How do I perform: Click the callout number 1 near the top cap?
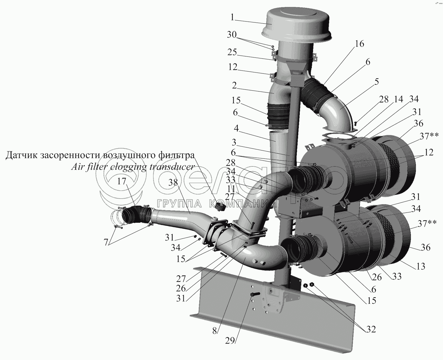(232, 17)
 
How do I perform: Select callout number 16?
(359, 44)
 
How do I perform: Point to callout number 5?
(377, 81)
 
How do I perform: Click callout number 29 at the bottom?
(230, 340)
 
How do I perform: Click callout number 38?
(173, 183)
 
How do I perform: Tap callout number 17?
(122, 181)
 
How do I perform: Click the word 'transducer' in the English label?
(172, 167)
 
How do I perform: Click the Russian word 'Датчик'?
(22, 155)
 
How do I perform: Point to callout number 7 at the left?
(106, 242)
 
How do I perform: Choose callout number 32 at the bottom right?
(371, 329)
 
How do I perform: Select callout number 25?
(232, 52)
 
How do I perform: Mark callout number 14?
(399, 99)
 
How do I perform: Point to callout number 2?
(234, 86)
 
